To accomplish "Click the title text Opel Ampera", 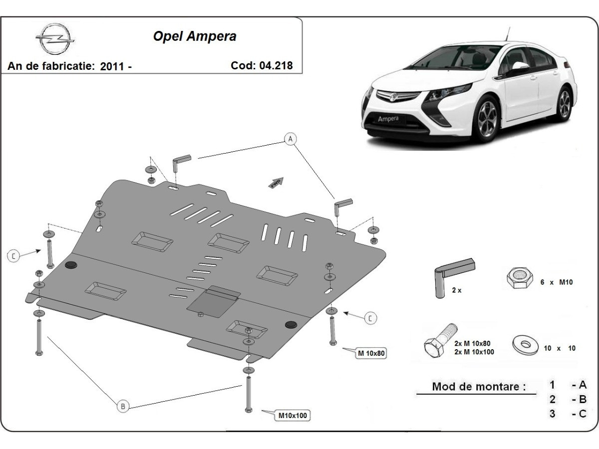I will [194, 36].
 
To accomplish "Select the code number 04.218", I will [276, 65].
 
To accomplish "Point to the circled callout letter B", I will [123, 407].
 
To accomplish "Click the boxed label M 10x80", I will [372, 354].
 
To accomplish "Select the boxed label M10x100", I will [293, 415].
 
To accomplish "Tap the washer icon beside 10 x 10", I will [525, 345].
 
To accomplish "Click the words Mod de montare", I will [479, 387].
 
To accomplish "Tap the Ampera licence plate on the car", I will [388, 119].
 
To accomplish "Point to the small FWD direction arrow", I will [276, 183].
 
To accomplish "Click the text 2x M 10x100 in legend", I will [474, 352].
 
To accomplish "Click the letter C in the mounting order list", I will [582, 414].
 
